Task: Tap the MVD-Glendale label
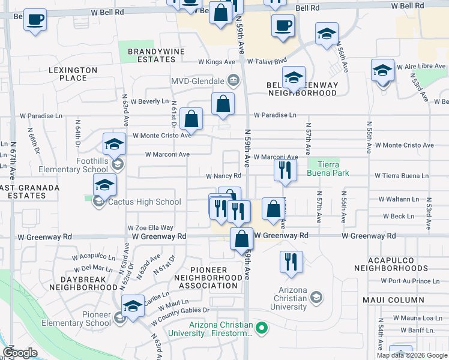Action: (x=197, y=81)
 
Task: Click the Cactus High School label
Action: (x=144, y=202)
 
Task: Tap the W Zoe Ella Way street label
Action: (x=150, y=228)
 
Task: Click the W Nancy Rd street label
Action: (x=223, y=176)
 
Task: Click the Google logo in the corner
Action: (x=20, y=353)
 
